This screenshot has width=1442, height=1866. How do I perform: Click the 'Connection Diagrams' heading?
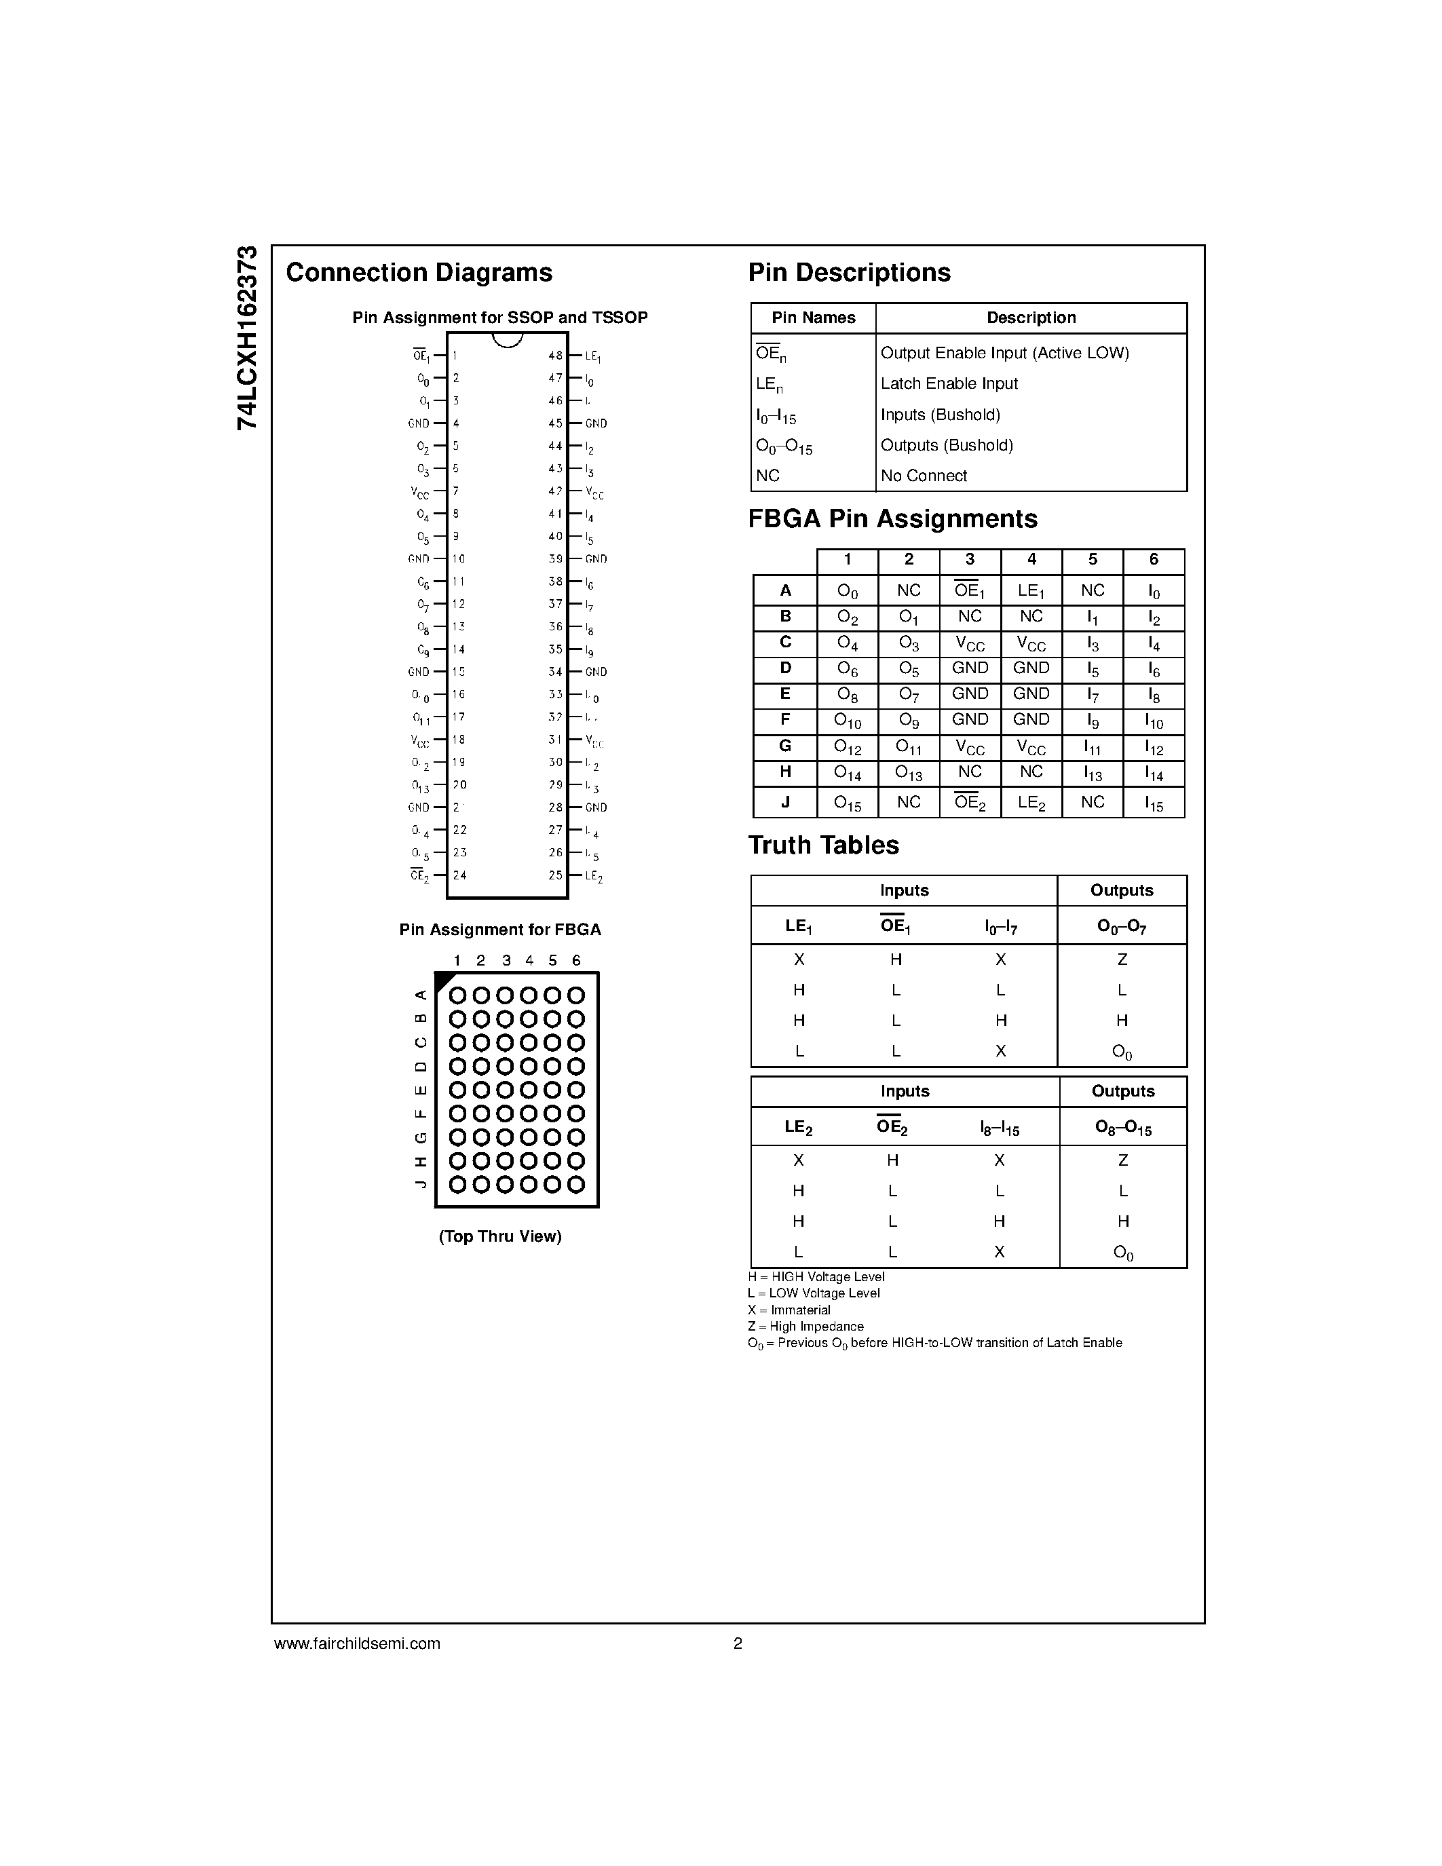pos(419,273)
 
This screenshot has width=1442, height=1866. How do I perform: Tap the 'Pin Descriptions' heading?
pos(849,273)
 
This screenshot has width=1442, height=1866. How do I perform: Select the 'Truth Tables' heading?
pos(824,845)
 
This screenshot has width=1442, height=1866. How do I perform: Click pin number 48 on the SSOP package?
pos(555,356)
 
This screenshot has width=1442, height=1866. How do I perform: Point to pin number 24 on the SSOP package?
pos(459,875)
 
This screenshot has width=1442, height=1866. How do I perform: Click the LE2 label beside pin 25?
pos(594,876)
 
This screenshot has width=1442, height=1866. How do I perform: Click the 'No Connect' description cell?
pos(924,476)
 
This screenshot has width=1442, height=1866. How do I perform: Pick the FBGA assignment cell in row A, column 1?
pos(848,591)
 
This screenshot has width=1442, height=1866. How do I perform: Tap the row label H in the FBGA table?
pos(785,772)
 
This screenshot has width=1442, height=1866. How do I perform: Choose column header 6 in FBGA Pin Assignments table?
pos(1153,560)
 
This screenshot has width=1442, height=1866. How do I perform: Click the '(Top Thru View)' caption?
pos(499,1236)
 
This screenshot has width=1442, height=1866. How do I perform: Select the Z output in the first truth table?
pos(1122,959)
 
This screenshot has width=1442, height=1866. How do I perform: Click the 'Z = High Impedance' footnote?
pos(805,1326)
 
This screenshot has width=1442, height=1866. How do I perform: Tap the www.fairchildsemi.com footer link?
pos(357,1643)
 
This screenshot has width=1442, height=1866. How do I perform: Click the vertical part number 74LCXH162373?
pos(247,337)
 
